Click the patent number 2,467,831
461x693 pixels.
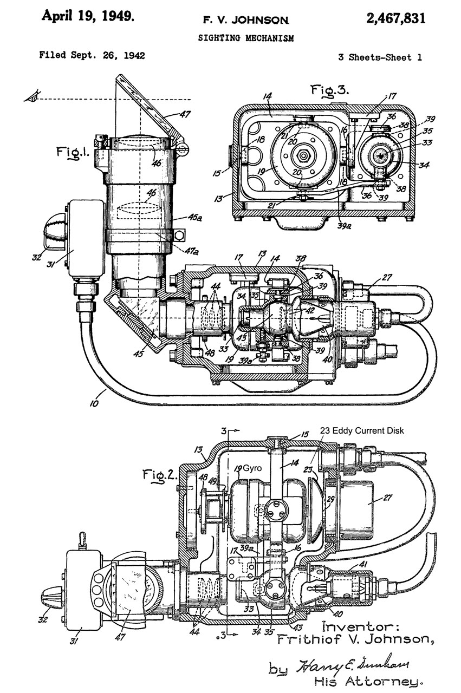[x=396, y=18]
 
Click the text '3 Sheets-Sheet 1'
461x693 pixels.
[x=380, y=57]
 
